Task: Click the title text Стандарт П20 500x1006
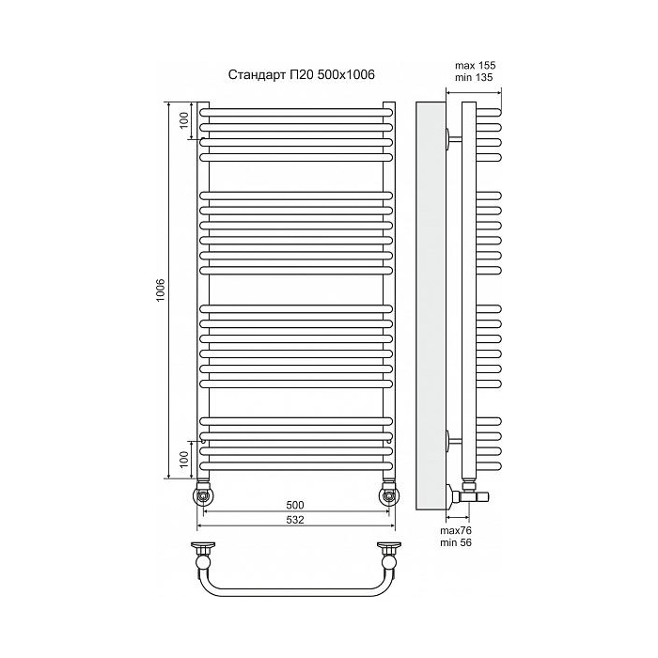(x=302, y=74)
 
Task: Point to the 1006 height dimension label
(x=161, y=290)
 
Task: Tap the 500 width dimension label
(x=295, y=505)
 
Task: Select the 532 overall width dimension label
(x=295, y=520)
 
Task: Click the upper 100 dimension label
(x=184, y=120)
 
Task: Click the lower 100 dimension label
(x=184, y=460)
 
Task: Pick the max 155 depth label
(x=475, y=66)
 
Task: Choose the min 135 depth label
(x=474, y=78)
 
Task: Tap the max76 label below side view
(x=456, y=530)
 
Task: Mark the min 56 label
(x=456, y=542)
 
